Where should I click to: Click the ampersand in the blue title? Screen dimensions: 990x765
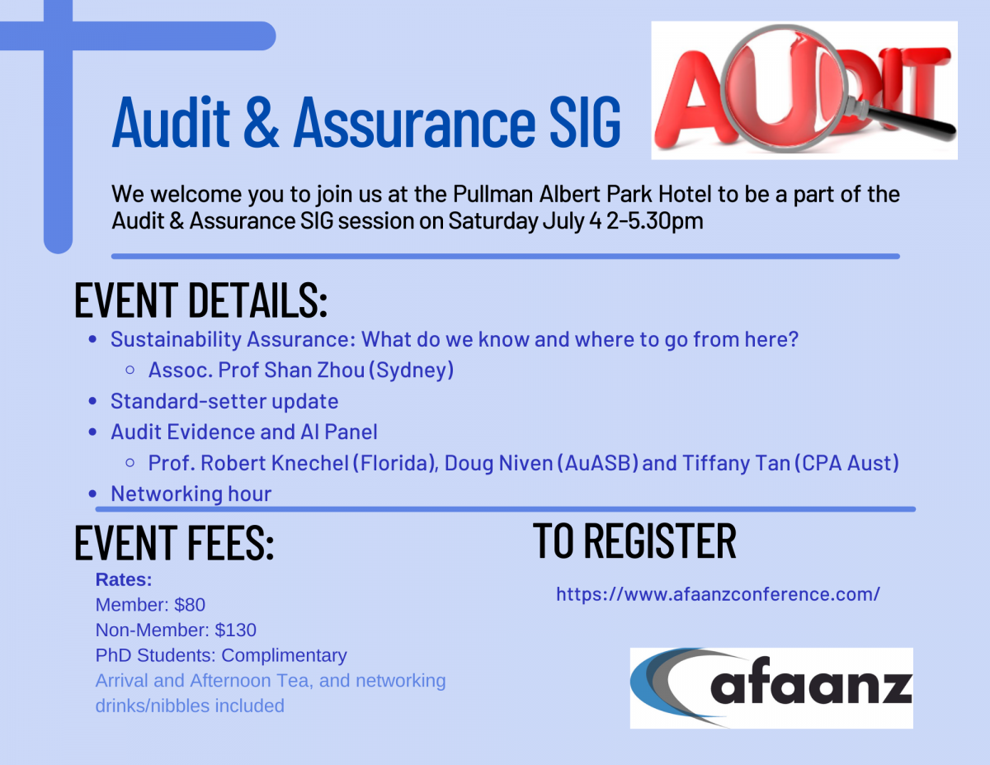click(261, 122)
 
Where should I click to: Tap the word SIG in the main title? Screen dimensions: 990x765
click(585, 122)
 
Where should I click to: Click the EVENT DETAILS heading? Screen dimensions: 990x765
click(201, 300)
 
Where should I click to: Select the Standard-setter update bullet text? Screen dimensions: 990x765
click(224, 401)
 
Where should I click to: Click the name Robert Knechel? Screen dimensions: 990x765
click(275, 463)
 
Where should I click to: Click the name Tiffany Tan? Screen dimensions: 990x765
click(736, 464)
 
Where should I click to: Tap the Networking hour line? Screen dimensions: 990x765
click(191, 493)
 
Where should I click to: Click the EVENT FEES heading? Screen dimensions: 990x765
click(174, 542)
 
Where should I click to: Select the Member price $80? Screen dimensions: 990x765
click(190, 605)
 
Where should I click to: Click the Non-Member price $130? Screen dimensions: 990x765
click(236, 630)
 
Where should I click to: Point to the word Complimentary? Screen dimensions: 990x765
click(284, 655)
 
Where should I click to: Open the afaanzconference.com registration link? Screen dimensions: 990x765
click(718, 594)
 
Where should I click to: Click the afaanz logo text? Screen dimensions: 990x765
click(811, 682)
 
